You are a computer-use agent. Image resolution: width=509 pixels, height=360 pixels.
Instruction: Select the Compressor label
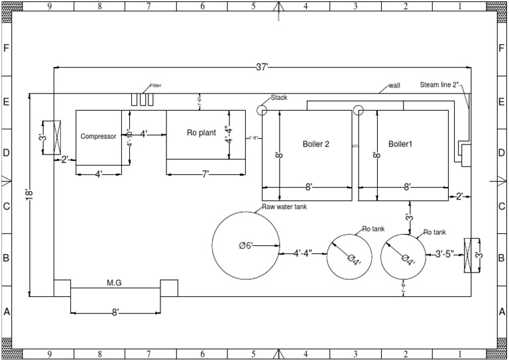click(98, 137)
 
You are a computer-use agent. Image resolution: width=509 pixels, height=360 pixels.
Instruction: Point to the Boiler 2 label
click(316, 143)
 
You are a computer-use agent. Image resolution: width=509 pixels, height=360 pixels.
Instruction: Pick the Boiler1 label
click(400, 143)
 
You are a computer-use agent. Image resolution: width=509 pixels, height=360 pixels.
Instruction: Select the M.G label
click(115, 282)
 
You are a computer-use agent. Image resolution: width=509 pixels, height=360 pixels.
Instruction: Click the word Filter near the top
click(156, 86)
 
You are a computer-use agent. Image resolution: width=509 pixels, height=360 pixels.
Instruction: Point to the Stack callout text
click(279, 97)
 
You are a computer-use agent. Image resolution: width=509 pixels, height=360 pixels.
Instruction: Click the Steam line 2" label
click(441, 85)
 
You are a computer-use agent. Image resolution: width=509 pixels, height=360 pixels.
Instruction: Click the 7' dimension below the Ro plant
click(205, 174)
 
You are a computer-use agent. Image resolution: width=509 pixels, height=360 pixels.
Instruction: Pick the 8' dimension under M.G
click(115, 312)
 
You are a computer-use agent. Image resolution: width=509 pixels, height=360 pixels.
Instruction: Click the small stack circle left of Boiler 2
click(261, 110)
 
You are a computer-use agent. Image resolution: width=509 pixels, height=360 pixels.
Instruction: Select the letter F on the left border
click(7, 48)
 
